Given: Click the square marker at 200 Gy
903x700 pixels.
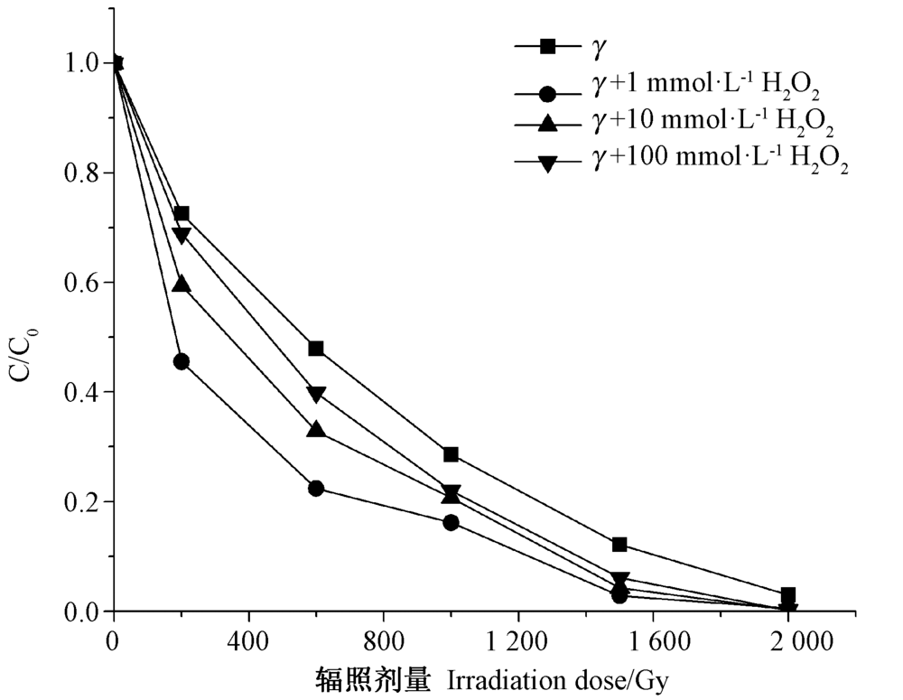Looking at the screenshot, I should (x=181, y=214).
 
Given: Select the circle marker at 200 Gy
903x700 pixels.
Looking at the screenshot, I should (x=181, y=361).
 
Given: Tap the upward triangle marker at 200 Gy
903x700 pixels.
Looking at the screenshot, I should (x=181, y=284).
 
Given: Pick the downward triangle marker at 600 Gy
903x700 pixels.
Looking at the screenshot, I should (x=316, y=394).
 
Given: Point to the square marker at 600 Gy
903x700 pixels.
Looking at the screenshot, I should (x=316, y=349).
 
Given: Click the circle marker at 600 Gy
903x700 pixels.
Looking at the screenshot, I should (x=316, y=488).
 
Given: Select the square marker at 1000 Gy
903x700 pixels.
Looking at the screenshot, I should (x=451, y=454).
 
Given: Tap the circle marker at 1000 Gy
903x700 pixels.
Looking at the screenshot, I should (x=451, y=522).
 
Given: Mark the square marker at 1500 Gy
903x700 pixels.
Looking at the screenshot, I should (x=619, y=545).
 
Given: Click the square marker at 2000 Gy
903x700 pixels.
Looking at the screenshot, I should (x=788, y=595).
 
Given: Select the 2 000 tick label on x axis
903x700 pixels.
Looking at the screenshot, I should (x=788, y=642).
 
